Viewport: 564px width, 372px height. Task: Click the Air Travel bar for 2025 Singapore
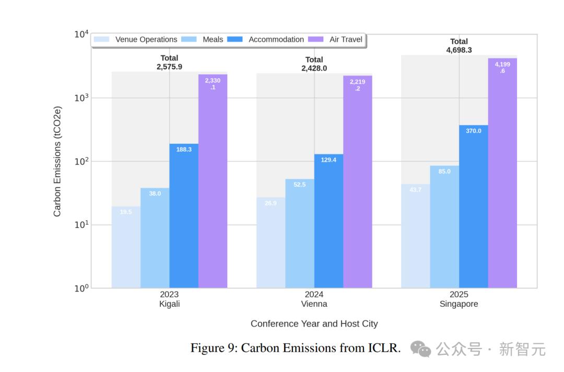(x=502, y=172)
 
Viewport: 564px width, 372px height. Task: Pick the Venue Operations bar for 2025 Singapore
(x=416, y=236)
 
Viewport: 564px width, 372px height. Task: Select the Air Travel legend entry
(x=337, y=40)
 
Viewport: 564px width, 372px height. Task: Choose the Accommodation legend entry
(x=267, y=40)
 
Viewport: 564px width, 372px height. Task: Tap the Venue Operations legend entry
(x=136, y=40)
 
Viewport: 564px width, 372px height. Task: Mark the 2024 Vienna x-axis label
(x=314, y=299)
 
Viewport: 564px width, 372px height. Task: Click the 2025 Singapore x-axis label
(x=459, y=299)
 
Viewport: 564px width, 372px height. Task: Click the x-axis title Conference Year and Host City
(x=314, y=323)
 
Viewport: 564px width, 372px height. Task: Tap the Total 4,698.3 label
(x=459, y=46)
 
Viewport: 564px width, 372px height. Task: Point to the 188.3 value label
(x=184, y=149)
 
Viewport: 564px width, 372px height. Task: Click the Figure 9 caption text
(x=295, y=348)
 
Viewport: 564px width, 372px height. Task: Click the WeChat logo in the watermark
(x=420, y=348)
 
